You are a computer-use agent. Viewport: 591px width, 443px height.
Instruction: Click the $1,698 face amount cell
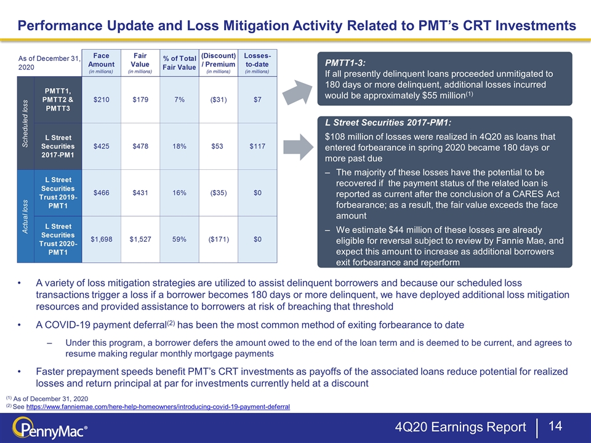(x=102, y=239)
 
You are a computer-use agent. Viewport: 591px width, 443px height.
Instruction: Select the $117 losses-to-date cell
(x=257, y=146)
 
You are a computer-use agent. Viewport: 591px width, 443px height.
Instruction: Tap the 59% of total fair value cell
(x=179, y=239)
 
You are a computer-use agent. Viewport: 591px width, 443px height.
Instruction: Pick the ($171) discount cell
(x=219, y=239)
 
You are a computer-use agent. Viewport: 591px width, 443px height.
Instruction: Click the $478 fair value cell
(x=140, y=146)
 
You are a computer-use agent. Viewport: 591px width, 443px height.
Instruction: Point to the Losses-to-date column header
(x=257, y=63)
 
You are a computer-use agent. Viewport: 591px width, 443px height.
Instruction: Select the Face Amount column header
(x=102, y=63)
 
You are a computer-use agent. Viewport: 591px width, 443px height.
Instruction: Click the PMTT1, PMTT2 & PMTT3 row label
(x=58, y=100)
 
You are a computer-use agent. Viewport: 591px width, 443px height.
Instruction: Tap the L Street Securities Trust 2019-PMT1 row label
(x=58, y=193)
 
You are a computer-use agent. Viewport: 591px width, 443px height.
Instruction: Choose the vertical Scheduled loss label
(x=25, y=123)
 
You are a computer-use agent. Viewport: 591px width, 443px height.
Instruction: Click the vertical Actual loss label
(x=25, y=217)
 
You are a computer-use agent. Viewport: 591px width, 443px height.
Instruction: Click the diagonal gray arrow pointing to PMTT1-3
(x=298, y=92)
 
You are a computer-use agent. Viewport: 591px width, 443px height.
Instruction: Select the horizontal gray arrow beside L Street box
(x=299, y=147)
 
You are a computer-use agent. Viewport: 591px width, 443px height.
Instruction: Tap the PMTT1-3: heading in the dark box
(x=345, y=63)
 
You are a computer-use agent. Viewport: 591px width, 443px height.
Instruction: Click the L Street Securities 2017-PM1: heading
(x=388, y=122)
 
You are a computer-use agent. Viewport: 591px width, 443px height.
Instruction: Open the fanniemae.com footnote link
(x=158, y=407)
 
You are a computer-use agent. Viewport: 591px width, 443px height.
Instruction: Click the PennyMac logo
(x=50, y=428)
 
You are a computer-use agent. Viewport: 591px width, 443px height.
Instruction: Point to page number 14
(x=555, y=426)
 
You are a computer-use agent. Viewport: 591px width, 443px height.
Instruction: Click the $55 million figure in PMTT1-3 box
(x=444, y=96)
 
